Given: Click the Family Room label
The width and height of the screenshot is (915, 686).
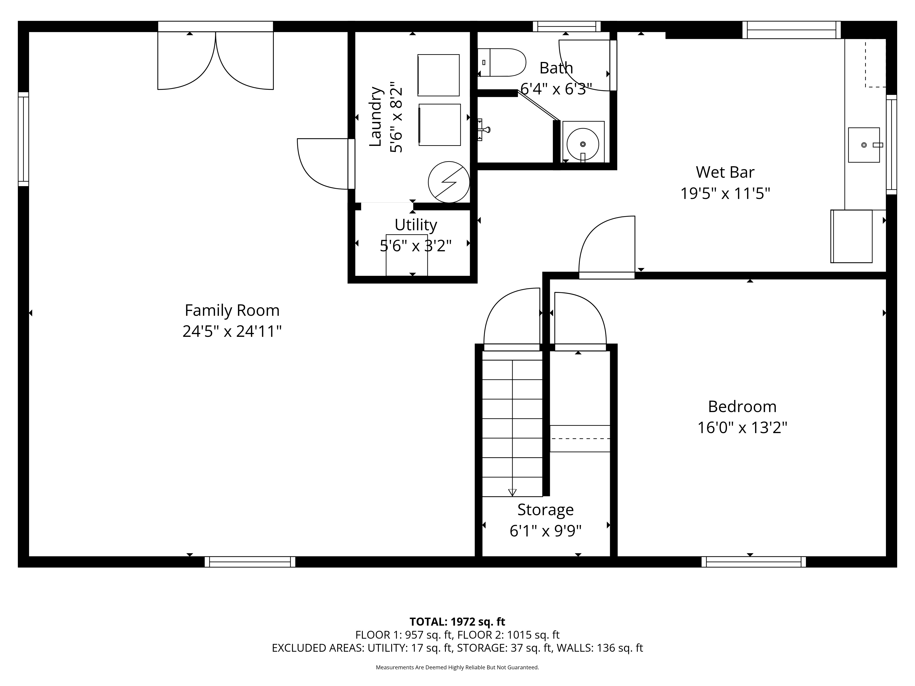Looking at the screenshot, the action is tap(232, 310).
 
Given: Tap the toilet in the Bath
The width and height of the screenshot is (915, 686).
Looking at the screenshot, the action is tap(502, 62).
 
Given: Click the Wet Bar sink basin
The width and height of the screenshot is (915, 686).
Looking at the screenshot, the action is tap(864, 145).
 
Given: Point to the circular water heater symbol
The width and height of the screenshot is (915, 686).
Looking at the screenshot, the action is tap(449, 182).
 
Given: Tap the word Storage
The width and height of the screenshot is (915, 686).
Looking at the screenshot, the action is tap(546, 510).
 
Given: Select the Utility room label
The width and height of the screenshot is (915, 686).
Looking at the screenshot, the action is tap(416, 225).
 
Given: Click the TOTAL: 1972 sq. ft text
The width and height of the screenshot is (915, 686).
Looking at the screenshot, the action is tap(457, 622).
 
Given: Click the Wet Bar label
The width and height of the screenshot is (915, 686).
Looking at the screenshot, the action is tap(725, 172).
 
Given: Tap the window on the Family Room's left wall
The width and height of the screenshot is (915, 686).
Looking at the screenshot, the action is tap(23, 139).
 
